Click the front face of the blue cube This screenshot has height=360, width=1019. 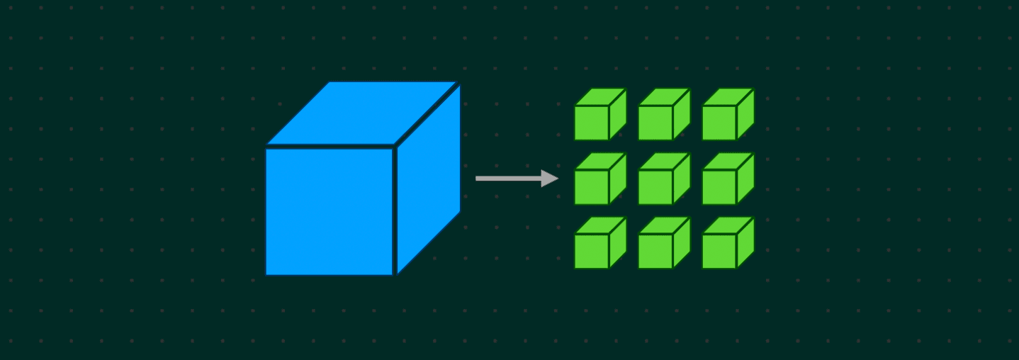(329, 210)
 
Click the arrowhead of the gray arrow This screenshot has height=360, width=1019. (549, 179)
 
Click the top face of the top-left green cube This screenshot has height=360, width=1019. (600, 97)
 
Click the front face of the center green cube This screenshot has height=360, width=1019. (655, 187)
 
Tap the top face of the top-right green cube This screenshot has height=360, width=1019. (728, 97)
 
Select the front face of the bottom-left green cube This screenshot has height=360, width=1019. (592, 251)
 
